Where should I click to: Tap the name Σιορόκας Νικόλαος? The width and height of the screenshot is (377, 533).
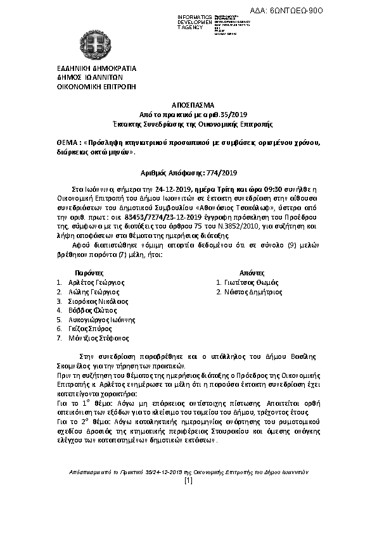[97, 301]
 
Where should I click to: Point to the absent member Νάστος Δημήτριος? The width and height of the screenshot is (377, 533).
[253, 292]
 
